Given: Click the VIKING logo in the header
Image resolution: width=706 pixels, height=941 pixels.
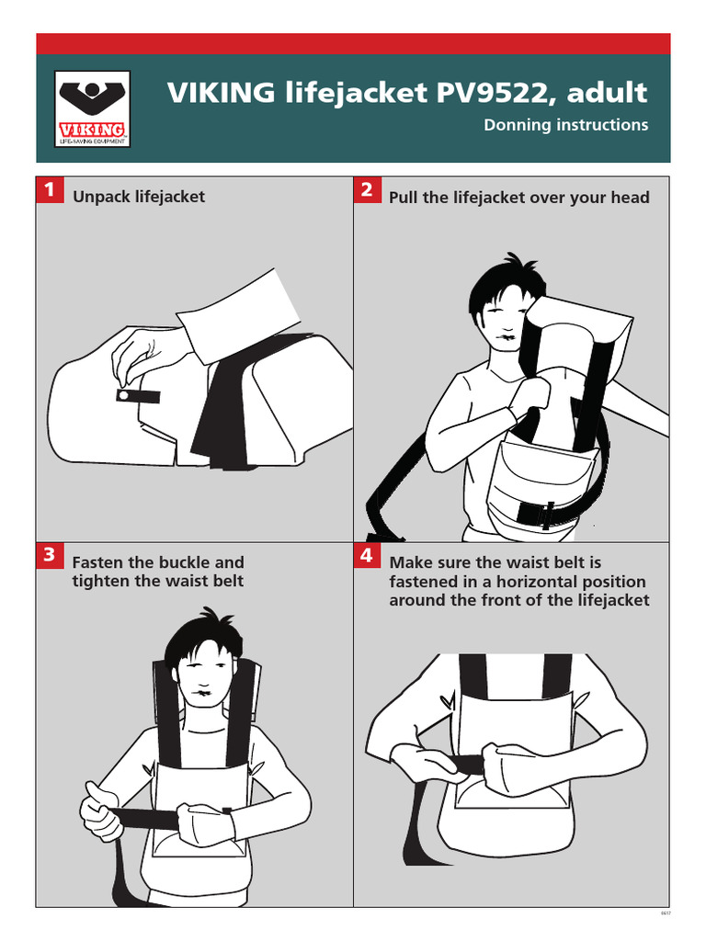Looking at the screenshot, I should (93, 109).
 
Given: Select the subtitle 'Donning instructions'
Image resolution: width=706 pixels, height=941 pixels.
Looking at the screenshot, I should (565, 125).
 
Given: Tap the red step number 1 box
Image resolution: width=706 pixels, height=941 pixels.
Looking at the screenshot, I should (49, 190).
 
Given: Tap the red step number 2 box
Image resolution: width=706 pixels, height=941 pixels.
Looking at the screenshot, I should (366, 190).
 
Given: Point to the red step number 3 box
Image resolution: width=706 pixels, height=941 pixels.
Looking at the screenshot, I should (49, 555).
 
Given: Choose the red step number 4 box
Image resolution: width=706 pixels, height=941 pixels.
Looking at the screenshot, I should (366, 555).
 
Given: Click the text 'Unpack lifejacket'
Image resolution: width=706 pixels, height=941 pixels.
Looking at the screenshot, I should (138, 197).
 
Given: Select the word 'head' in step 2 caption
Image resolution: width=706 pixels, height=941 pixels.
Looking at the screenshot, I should (629, 198).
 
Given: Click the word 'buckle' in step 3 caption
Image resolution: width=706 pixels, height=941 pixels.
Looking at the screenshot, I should (185, 562).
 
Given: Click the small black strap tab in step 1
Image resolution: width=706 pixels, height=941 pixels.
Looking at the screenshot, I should (138, 395).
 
